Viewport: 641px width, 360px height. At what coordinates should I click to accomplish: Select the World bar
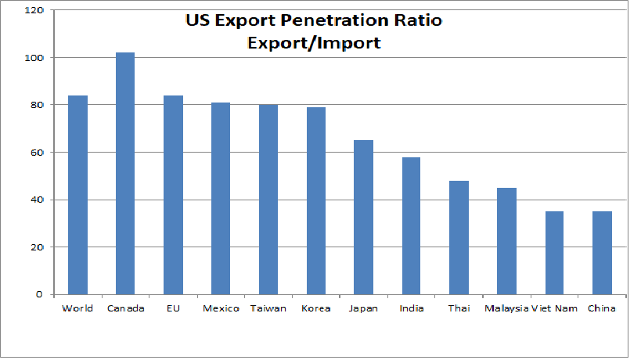tap(77, 195)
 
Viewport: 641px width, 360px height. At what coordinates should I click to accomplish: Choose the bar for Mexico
tap(221, 199)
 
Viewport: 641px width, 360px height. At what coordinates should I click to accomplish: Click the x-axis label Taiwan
tap(268, 308)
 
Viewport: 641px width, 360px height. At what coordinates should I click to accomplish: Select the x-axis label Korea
tap(316, 308)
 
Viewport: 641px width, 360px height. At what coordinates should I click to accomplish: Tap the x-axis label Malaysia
tap(506, 308)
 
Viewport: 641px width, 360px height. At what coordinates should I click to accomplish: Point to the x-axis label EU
tap(173, 308)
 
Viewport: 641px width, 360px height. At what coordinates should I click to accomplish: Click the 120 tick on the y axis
tap(34, 11)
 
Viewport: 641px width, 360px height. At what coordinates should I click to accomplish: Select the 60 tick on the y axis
tap(37, 153)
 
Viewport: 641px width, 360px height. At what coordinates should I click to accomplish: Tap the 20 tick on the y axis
tap(37, 247)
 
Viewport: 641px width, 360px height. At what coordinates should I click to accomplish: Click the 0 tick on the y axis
tap(40, 294)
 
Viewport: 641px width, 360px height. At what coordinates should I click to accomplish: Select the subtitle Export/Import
tap(314, 43)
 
